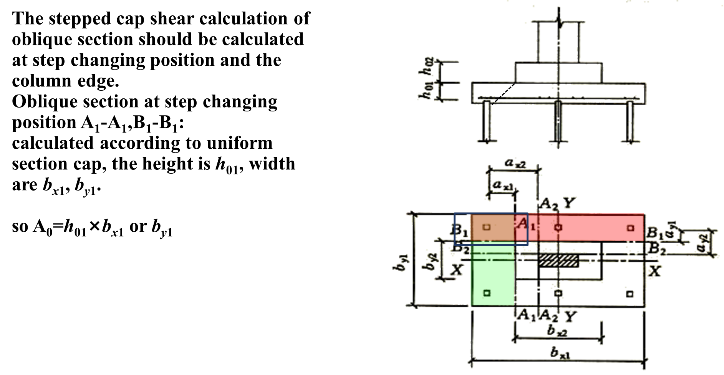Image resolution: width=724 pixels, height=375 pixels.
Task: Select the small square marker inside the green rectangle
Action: click(487, 293)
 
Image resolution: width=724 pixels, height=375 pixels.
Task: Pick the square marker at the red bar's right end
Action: click(630, 228)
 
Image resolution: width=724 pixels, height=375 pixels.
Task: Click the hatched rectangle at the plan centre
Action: click(559, 260)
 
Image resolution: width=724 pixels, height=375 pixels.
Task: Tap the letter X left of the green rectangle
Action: click(456, 270)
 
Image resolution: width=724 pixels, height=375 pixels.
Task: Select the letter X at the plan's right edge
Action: click(655, 271)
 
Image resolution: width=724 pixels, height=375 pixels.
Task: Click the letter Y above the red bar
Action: click(570, 202)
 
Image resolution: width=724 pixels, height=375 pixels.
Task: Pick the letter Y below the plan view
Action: click(571, 316)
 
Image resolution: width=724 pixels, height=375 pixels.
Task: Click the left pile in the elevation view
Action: click(489, 121)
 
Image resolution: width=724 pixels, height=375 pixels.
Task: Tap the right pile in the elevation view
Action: click(630, 121)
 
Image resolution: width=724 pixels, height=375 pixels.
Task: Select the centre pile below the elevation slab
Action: click(558, 121)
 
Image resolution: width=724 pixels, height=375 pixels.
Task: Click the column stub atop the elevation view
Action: click(559, 41)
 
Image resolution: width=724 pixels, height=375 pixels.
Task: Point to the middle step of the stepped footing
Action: click(558, 72)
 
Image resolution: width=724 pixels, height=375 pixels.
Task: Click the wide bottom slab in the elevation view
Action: click(559, 92)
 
